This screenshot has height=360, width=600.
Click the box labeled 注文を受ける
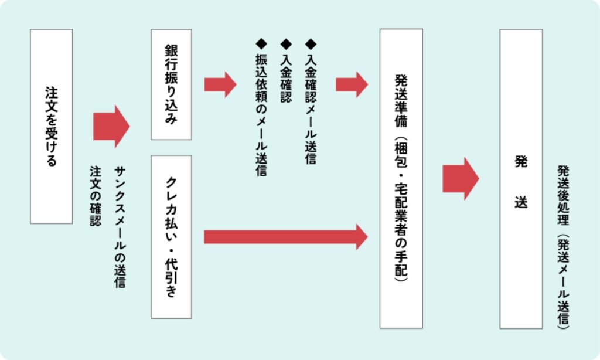coord(52,126)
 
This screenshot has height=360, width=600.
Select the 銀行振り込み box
coord(171,84)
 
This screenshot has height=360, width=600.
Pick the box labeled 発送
coord(521,178)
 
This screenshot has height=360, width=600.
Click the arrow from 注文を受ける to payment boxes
coord(111,126)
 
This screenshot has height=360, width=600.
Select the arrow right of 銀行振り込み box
coord(220,84)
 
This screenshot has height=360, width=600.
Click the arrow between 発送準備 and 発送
coord(460,178)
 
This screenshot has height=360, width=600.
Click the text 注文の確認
coord(95,196)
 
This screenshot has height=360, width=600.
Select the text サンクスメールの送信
coord(120,226)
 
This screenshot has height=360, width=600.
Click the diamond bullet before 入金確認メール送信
coord(311,43)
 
